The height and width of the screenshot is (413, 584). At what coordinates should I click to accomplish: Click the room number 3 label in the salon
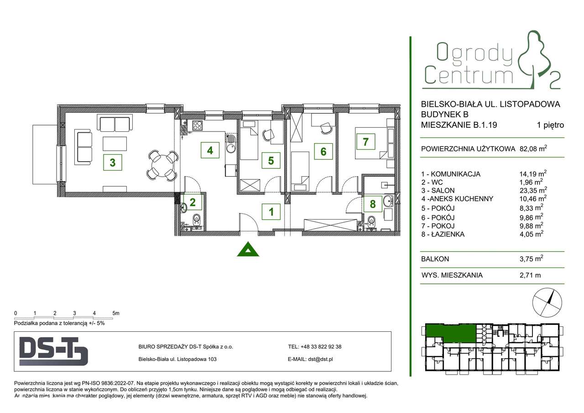(112, 162)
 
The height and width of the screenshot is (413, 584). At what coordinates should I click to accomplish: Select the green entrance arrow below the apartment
(248, 249)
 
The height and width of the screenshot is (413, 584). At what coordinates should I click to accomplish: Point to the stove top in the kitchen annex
(198, 125)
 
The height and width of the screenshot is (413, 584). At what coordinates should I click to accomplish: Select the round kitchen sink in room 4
(231, 147)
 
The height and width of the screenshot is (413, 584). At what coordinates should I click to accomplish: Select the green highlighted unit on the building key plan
(449, 333)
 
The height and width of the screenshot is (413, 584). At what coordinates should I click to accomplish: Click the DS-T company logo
(54, 351)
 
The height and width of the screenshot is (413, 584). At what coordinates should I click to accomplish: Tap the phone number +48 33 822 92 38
(321, 347)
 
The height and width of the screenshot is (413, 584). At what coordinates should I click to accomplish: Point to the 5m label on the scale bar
(115, 313)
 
